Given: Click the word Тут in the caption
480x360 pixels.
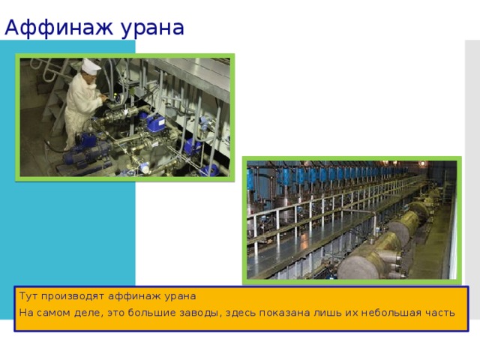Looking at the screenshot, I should click(28, 296).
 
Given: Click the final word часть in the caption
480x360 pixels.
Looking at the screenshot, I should click(440, 312).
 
